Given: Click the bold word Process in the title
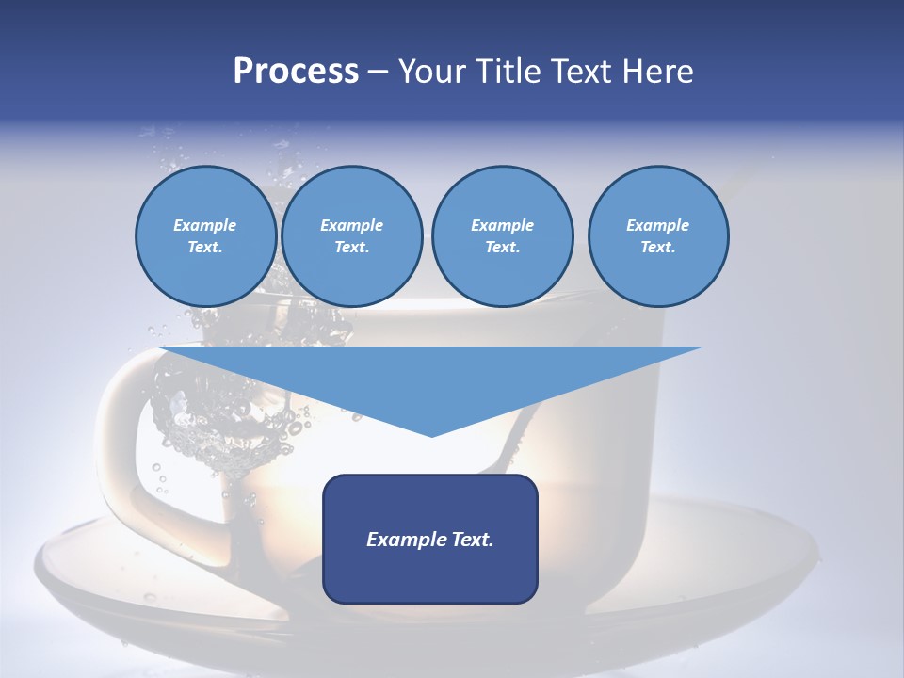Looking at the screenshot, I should [296, 72].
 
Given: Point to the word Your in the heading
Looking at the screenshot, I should [430, 72].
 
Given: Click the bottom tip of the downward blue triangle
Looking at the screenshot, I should [431, 434].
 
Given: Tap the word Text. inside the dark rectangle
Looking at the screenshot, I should [471, 540].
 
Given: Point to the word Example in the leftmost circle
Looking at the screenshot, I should [205, 225].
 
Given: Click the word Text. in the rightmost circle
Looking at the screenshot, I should [657, 248].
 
